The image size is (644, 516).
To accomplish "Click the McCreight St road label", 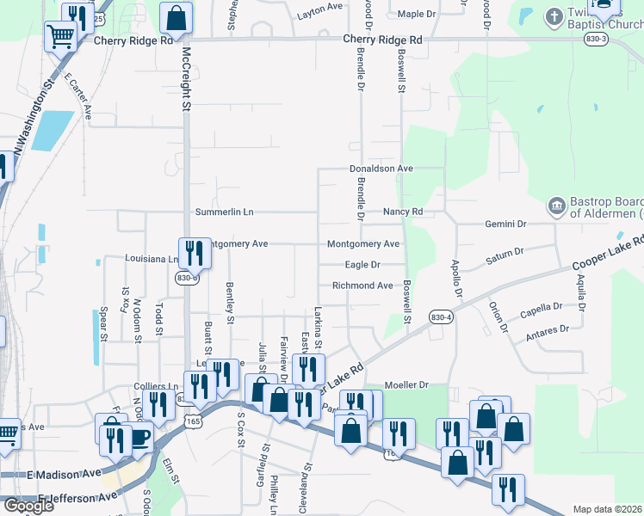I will pyautogui.click(x=185, y=79).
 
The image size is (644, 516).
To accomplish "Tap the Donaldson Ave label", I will pyautogui.click(x=381, y=169).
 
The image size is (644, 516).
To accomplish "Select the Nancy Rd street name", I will pyautogui.click(x=403, y=212).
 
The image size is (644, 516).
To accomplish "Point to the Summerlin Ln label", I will pyautogui.click(x=225, y=212).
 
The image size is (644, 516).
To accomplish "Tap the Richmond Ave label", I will pyautogui.click(x=362, y=286).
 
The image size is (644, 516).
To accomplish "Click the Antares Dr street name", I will pyautogui.click(x=552, y=329).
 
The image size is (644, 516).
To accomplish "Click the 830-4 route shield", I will pyautogui.click(x=440, y=316).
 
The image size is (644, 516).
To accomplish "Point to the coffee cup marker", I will pyautogui.click(x=138, y=437).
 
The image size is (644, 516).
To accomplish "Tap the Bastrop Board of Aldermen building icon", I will pyautogui.click(x=556, y=206).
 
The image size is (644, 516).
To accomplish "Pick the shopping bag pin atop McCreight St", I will pyautogui.click(x=176, y=17).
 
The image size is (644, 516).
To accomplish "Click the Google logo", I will pyautogui.click(x=28, y=506).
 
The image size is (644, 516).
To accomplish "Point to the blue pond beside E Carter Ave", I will pyautogui.click(x=54, y=129).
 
